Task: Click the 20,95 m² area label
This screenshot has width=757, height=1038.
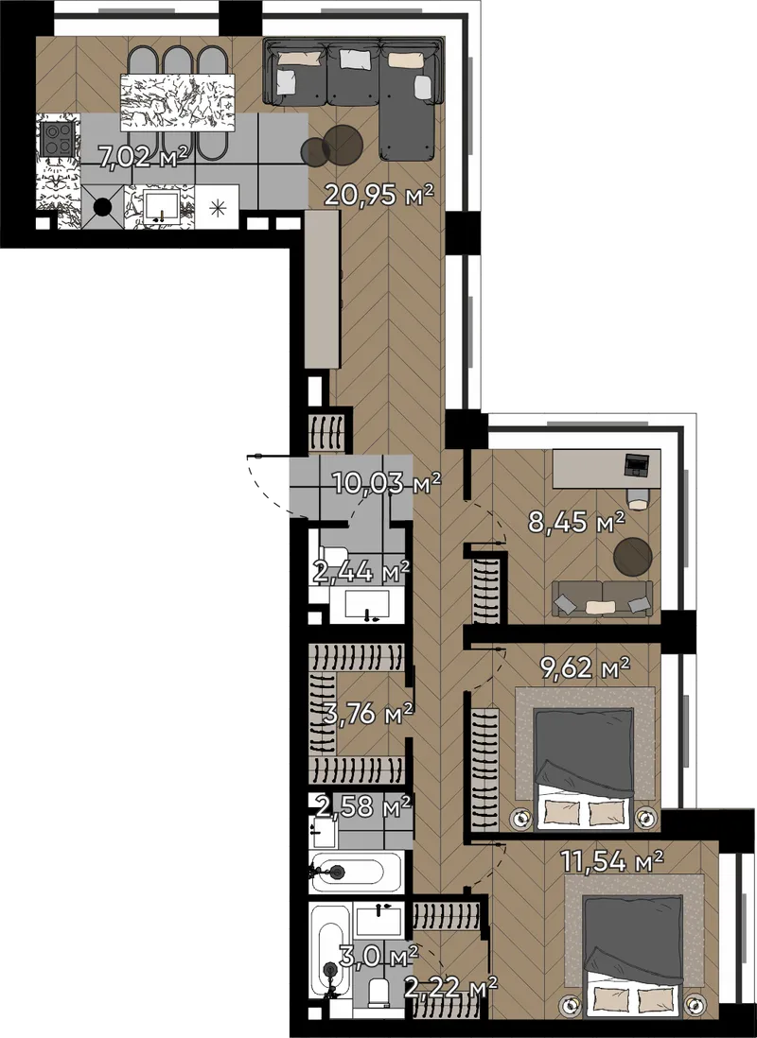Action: (x=378, y=195)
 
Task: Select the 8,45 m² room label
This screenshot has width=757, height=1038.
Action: (x=576, y=522)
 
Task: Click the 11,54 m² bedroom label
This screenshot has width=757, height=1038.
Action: (x=612, y=862)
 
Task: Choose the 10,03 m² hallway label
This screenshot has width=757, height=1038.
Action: (x=387, y=484)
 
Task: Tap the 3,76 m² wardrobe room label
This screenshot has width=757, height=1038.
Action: (x=368, y=714)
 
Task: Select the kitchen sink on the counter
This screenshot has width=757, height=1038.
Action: (x=160, y=207)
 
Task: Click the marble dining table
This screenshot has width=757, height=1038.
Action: (x=178, y=103)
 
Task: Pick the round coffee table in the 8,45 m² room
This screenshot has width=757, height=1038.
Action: (x=632, y=556)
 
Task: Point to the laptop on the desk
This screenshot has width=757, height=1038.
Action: (x=638, y=465)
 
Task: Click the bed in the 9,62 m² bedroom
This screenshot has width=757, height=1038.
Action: (x=583, y=768)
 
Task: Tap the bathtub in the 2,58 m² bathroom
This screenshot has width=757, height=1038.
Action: (x=356, y=873)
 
